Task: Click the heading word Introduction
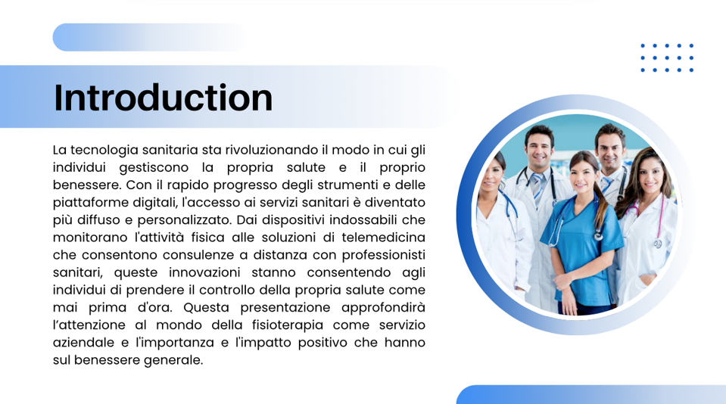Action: [163, 98]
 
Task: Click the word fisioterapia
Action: [288, 325]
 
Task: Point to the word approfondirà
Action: [383, 308]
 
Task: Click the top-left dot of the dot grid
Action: [643, 46]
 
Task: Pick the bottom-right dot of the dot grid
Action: [691, 70]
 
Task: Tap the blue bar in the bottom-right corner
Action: [591, 394]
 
